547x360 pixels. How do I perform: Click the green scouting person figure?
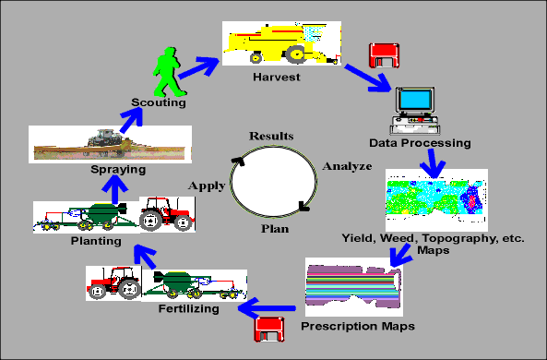(x=168, y=72)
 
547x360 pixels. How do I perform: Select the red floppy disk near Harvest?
(x=384, y=55)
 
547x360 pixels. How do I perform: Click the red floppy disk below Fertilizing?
(x=269, y=329)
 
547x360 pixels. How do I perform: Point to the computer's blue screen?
(x=414, y=100)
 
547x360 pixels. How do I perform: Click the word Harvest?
(x=277, y=77)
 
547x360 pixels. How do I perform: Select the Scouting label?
(x=159, y=102)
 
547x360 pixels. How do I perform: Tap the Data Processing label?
(x=420, y=143)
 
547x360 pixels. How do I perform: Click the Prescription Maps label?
(x=358, y=326)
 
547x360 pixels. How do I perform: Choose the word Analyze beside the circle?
(x=347, y=166)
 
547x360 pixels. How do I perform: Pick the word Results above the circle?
(x=271, y=136)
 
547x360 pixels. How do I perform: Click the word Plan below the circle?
(x=275, y=229)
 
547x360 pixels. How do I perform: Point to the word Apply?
(x=207, y=186)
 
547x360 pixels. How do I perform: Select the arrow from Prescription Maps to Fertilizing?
(x=267, y=308)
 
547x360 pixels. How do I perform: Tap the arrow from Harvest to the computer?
(x=368, y=78)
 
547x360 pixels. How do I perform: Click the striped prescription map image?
(x=353, y=287)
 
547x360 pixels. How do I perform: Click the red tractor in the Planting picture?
(x=167, y=214)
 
